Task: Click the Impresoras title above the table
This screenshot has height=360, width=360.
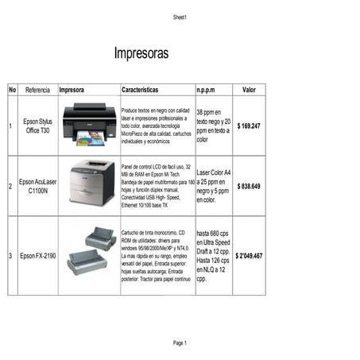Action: point(141,54)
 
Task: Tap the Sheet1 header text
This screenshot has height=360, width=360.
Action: point(180,17)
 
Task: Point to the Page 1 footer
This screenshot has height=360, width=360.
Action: point(180,343)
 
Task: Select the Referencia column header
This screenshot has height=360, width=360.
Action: point(37,90)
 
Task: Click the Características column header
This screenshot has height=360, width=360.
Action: point(140,90)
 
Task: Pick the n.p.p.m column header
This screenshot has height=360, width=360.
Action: point(211,90)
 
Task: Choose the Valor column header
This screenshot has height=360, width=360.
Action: point(249,90)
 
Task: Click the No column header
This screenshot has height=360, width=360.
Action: point(12,90)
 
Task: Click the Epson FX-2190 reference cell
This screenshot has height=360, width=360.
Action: point(37,256)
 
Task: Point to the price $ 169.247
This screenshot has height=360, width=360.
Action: point(249,126)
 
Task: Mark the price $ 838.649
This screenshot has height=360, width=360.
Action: point(249,186)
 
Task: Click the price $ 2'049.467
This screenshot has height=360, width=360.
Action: point(249,256)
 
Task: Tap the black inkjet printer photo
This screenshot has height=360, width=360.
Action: point(89,124)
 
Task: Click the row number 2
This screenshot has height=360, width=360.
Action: point(10,186)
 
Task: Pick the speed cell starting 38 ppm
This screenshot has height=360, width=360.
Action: point(213,126)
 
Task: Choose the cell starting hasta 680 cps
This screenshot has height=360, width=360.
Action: point(213,256)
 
